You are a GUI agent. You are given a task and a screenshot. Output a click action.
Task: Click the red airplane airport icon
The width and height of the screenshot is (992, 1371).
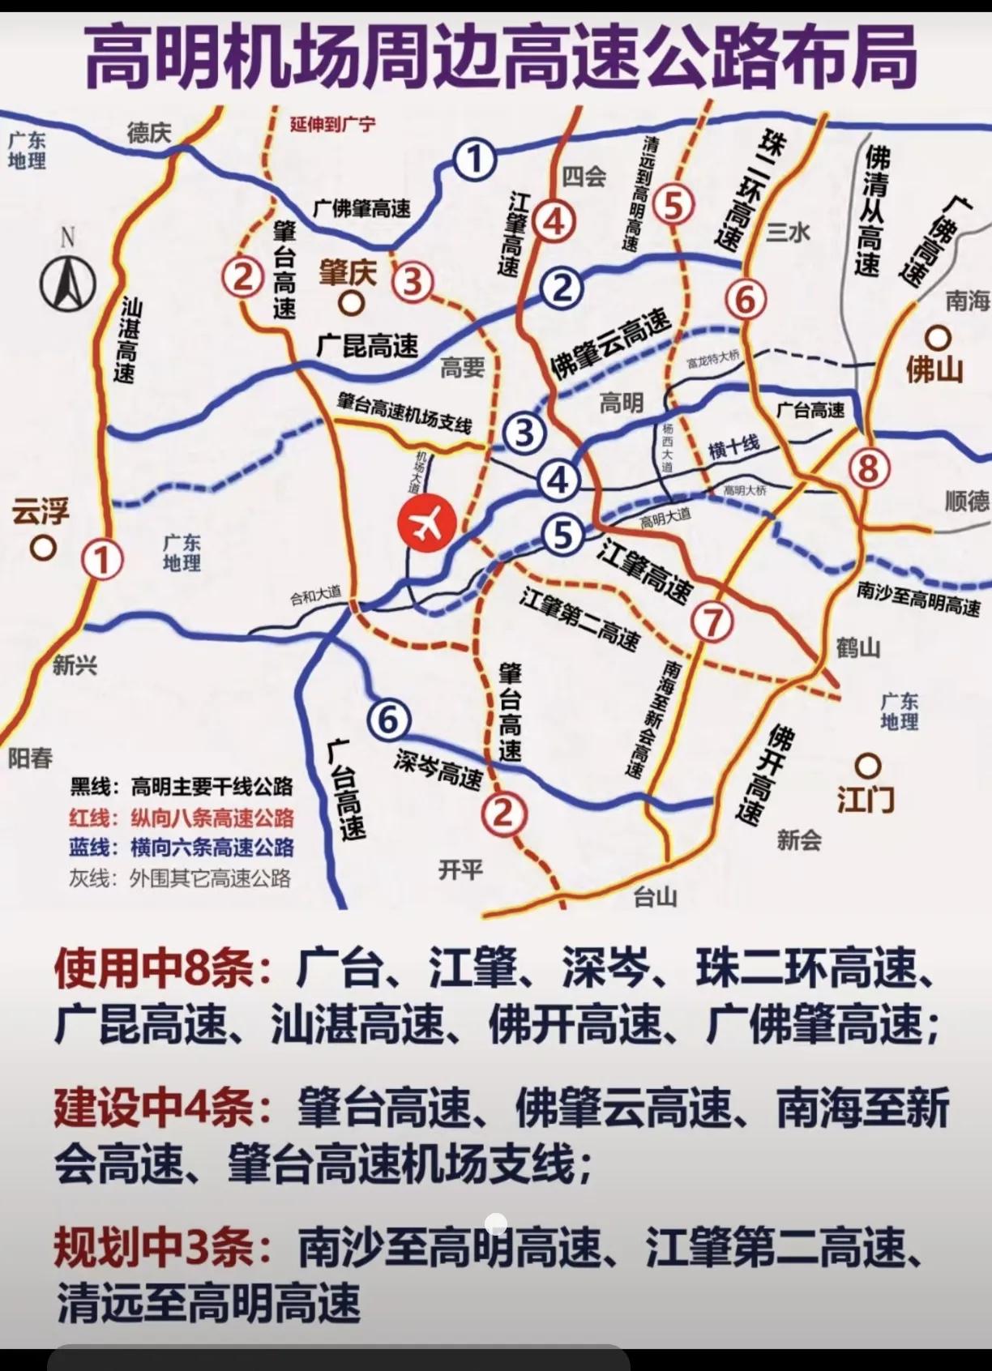tap(426, 523)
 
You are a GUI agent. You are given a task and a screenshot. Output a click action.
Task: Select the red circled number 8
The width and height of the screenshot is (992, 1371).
tap(868, 468)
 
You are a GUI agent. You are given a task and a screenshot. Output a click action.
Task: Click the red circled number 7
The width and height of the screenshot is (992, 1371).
tap(712, 621)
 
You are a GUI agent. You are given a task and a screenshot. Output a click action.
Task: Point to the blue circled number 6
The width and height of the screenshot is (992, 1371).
tap(388, 720)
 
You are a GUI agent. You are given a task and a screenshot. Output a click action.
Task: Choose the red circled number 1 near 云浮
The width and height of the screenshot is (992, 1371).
tap(103, 560)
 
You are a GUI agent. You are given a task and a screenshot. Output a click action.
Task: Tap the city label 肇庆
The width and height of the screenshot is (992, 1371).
tap(348, 273)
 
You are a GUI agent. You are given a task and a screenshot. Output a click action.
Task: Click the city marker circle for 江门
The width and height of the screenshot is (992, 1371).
tap(869, 765)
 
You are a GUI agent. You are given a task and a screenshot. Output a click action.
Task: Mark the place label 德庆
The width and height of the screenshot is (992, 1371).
tap(149, 132)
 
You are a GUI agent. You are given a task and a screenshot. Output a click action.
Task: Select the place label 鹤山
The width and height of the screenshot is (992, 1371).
tap(857, 647)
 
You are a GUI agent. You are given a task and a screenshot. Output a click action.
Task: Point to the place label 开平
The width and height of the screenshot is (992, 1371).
tap(460, 869)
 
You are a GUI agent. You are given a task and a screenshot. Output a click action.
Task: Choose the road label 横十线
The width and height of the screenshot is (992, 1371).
tap(734, 446)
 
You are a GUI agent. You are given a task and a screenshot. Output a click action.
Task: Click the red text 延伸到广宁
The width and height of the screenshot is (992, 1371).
tap(332, 125)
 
